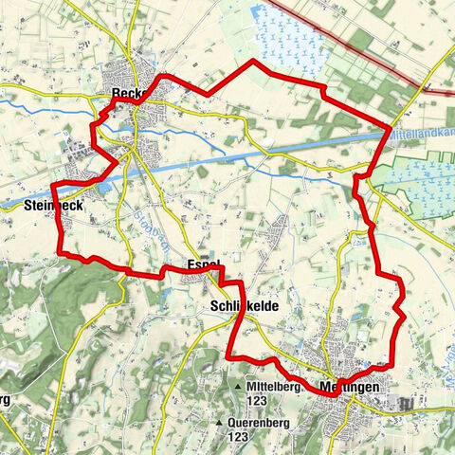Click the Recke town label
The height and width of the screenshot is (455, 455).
coord(125,94)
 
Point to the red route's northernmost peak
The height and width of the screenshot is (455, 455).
coord(252,61)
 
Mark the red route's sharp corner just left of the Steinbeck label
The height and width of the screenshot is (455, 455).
coord(53,183)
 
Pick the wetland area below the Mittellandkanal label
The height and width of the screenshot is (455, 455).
coord(417,180)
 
